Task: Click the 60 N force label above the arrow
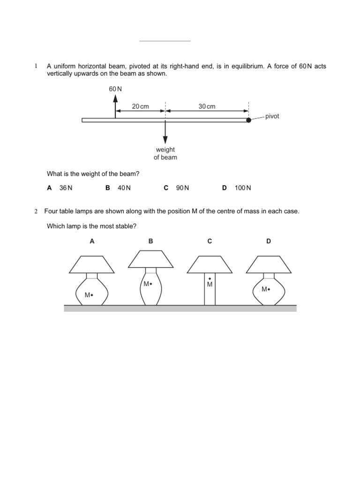[115, 89]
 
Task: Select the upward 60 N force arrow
[115, 106]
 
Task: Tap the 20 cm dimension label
[140, 106]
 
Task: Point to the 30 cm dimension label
[207, 106]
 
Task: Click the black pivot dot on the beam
[249, 120]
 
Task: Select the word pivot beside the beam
[272, 116]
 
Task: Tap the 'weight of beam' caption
[165, 154]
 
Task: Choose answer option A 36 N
[60, 188]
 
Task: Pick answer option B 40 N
[118, 188]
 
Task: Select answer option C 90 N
[176, 188]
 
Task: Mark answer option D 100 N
[237, 188]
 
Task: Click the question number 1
[36, 67]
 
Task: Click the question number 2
[36, 211]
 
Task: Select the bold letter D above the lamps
[269, 241]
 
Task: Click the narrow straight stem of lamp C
[210, 293]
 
